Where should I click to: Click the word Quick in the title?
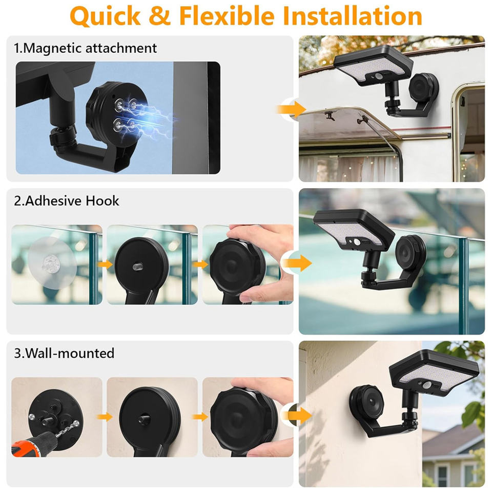(106, 16)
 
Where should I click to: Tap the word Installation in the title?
(352, 16)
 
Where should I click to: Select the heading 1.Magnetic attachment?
(85, 48)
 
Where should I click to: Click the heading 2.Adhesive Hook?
(67, 201)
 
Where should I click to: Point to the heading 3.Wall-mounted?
(64, 353)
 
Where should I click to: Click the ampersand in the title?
(160, 16)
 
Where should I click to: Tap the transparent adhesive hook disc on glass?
(52, 262)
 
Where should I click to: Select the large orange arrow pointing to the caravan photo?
(292, 109)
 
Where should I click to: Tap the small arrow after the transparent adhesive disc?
(105, 264)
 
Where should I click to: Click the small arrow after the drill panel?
(105, 417)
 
